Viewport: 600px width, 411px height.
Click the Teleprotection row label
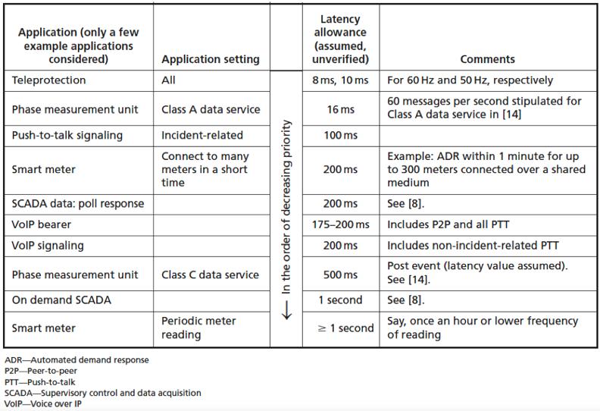click(48, 80)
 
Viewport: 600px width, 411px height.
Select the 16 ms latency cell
click(340, 109)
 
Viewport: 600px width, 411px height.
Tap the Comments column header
click(487, 59)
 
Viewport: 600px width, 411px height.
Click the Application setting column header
click(211, 59)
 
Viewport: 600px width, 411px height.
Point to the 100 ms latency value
click(340, 136)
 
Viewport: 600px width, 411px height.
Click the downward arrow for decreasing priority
click(286, 312)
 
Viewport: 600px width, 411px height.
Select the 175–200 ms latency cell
click(340, 225)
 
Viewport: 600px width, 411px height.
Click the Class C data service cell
click(210, 275)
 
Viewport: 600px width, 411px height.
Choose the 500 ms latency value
click(340, 275)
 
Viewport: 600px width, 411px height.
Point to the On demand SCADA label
click(61, 300)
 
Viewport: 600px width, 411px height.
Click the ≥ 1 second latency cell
click(345, 328)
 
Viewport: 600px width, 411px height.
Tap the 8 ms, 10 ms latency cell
click(340, 80)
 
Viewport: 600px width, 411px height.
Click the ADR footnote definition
click(77, 360)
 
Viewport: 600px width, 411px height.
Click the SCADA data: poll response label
click(77, 204)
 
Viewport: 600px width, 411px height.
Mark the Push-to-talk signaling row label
click(67, 136)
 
